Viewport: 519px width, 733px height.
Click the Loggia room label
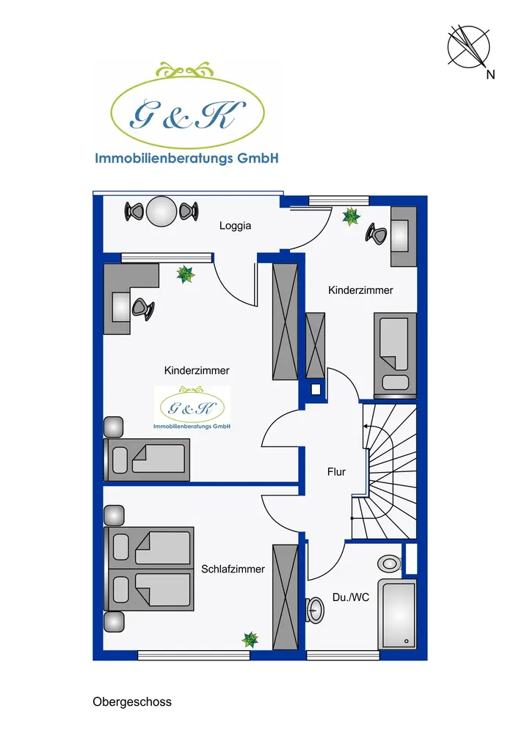[235, 226]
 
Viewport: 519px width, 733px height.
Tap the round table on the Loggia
[161, 212]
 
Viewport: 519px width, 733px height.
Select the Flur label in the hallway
[336, 472]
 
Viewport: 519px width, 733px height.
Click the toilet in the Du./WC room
[389, 563]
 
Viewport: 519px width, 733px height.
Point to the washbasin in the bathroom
[316, 610]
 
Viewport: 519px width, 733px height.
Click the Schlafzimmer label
[233, 568]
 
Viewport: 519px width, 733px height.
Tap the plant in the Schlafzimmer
[250, 639]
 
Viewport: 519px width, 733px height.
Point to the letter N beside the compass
[490, 75]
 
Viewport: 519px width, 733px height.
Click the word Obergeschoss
[132, 702]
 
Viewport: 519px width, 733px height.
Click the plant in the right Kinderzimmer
[352, 216]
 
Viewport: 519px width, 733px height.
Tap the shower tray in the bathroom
[397, 614]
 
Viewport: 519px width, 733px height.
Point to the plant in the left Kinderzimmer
[185, 275]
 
